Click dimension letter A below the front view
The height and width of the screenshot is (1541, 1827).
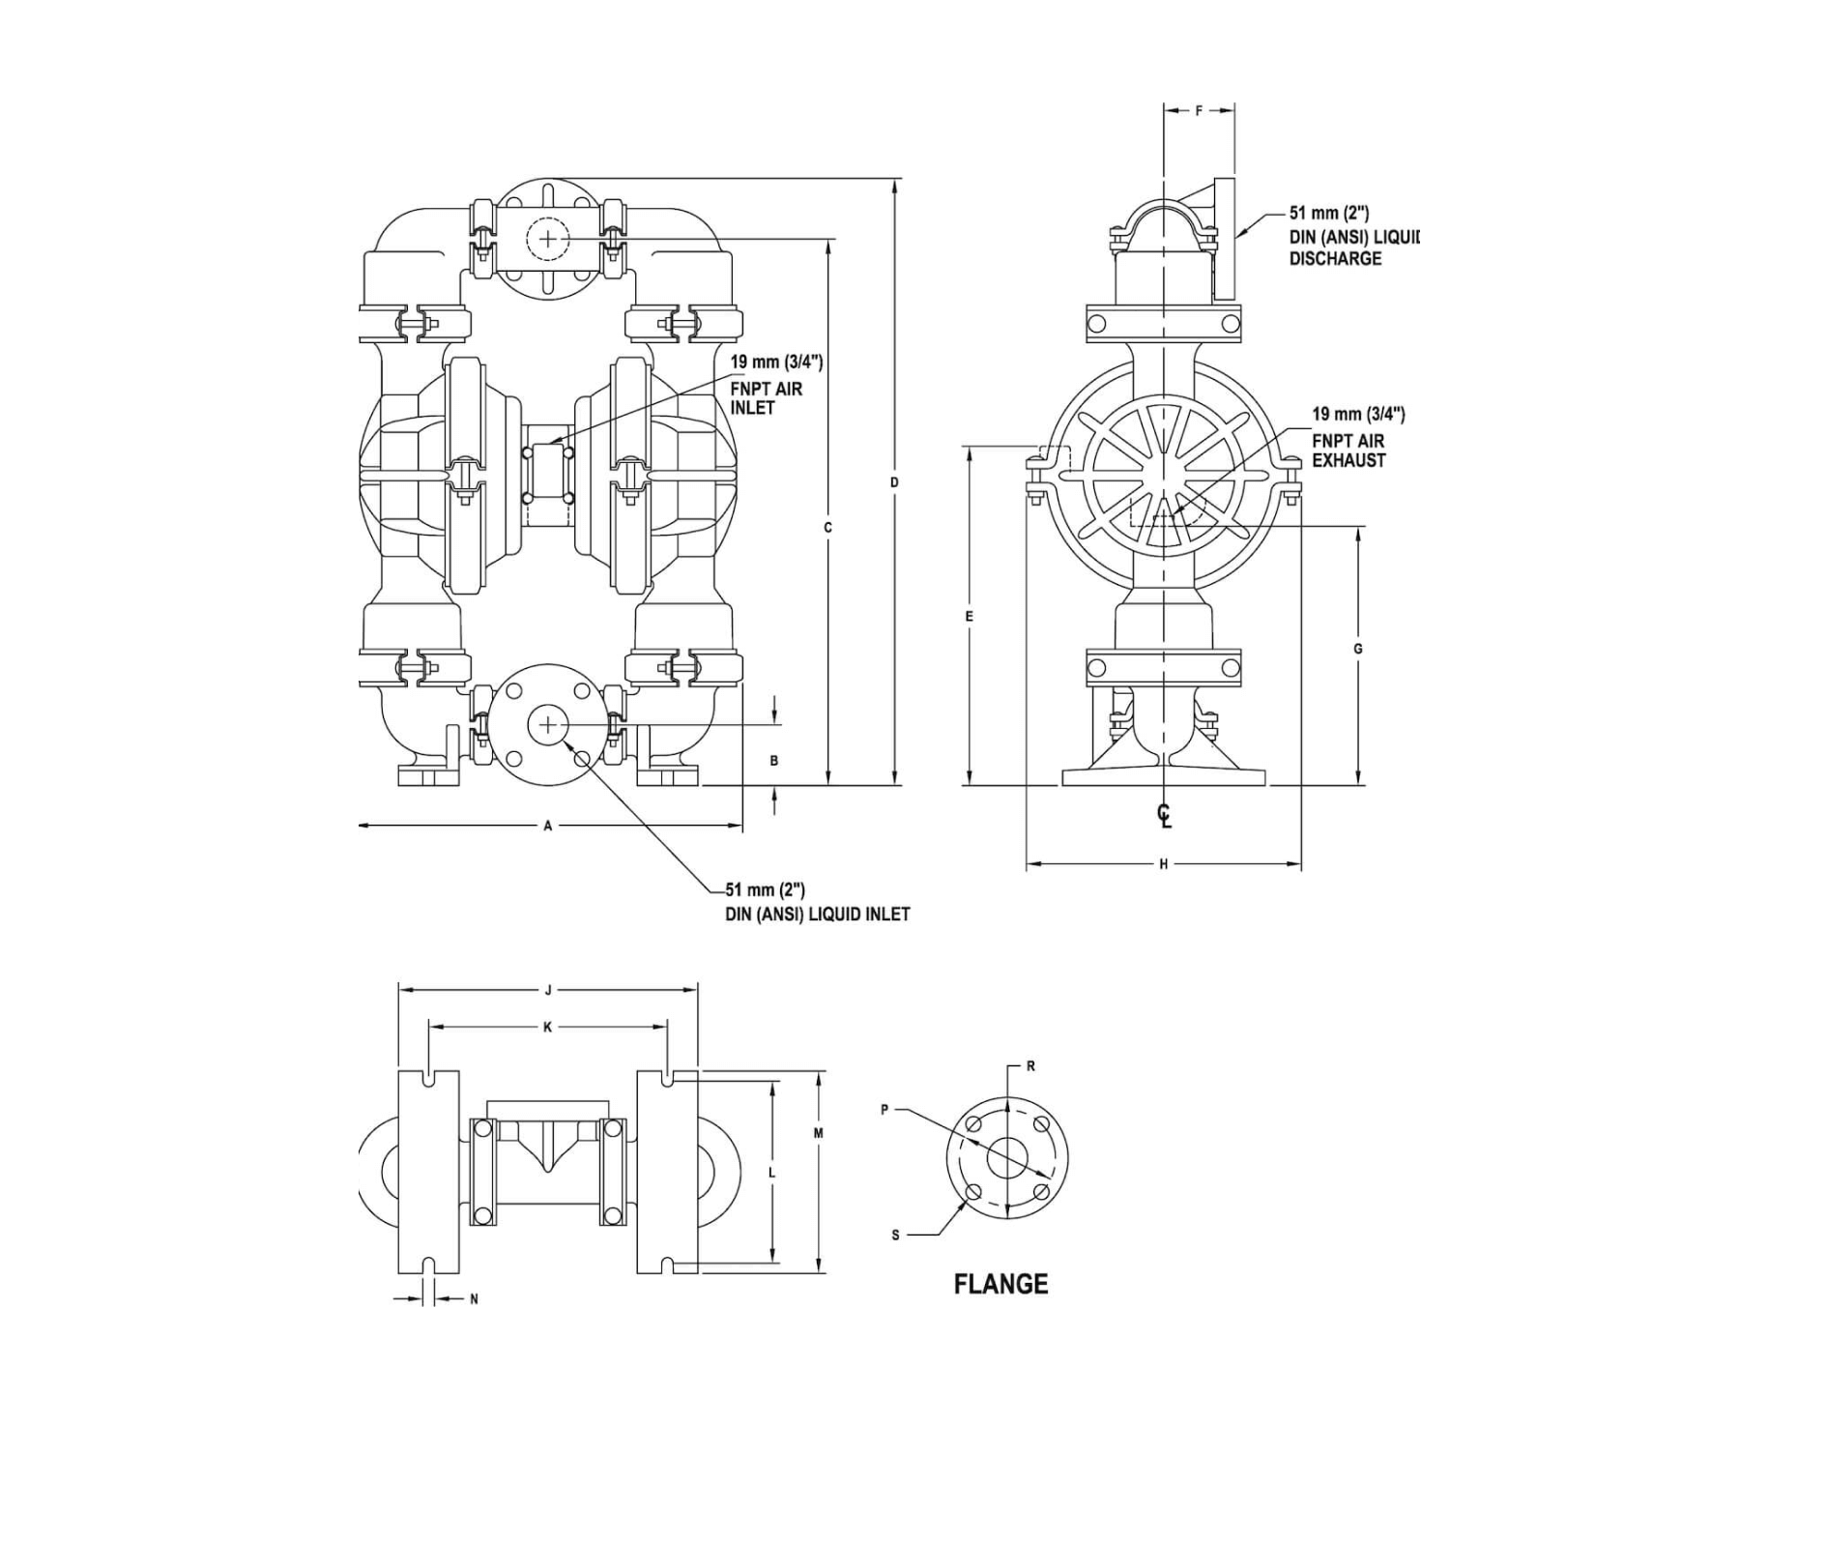click(548, 826)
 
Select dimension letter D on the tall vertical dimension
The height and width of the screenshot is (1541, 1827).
click(895, 481)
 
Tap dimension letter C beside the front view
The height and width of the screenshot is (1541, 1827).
click(827, 528)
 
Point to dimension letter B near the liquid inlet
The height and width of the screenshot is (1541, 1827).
click(774, 761)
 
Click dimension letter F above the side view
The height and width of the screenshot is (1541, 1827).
click(1199, 110)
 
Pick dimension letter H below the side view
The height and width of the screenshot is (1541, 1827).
click(1164, 863)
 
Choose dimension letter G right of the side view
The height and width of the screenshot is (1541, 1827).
click(1358, 649)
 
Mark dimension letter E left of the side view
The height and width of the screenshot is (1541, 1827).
click(970, 616)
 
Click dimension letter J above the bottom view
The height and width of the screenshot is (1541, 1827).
click(548, 990)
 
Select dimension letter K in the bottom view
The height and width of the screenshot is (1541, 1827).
click(548, 1027)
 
